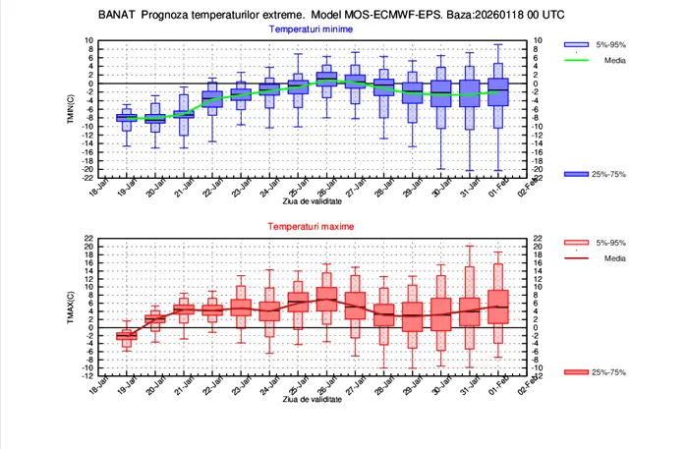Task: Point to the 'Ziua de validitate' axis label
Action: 314,200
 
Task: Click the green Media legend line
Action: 577,61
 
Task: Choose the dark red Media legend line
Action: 577,258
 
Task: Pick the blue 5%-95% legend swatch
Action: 577,45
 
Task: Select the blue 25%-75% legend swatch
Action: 577,174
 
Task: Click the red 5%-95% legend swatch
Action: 577,243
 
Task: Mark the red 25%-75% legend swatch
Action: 577,372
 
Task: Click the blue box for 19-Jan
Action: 126,118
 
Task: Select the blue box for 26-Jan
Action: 326,79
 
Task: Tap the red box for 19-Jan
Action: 126,335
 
